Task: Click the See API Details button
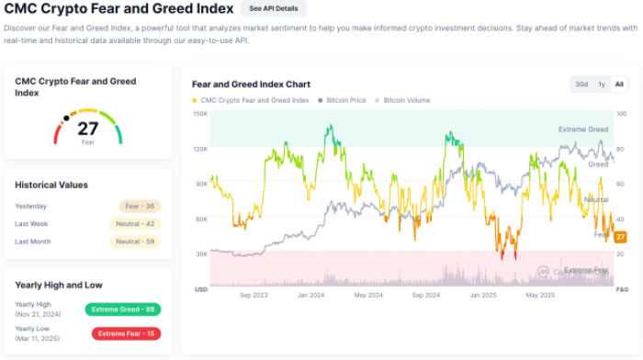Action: [274, 8]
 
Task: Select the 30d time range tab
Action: [581, 84]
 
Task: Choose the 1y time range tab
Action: [602, 84]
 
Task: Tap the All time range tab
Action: [619, 84]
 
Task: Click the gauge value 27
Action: [87, 129]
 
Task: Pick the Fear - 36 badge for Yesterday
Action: [140, 206]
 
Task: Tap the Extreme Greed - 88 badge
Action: [122, 309]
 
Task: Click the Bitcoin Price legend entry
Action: [344, 99]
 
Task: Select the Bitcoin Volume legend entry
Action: [406, 99]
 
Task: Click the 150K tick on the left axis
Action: [200, 114]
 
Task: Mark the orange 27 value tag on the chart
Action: [621, 237]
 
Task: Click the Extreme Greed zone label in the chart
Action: [582, 129]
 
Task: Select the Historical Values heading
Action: [51, 185]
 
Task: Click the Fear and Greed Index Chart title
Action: [245, 84]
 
